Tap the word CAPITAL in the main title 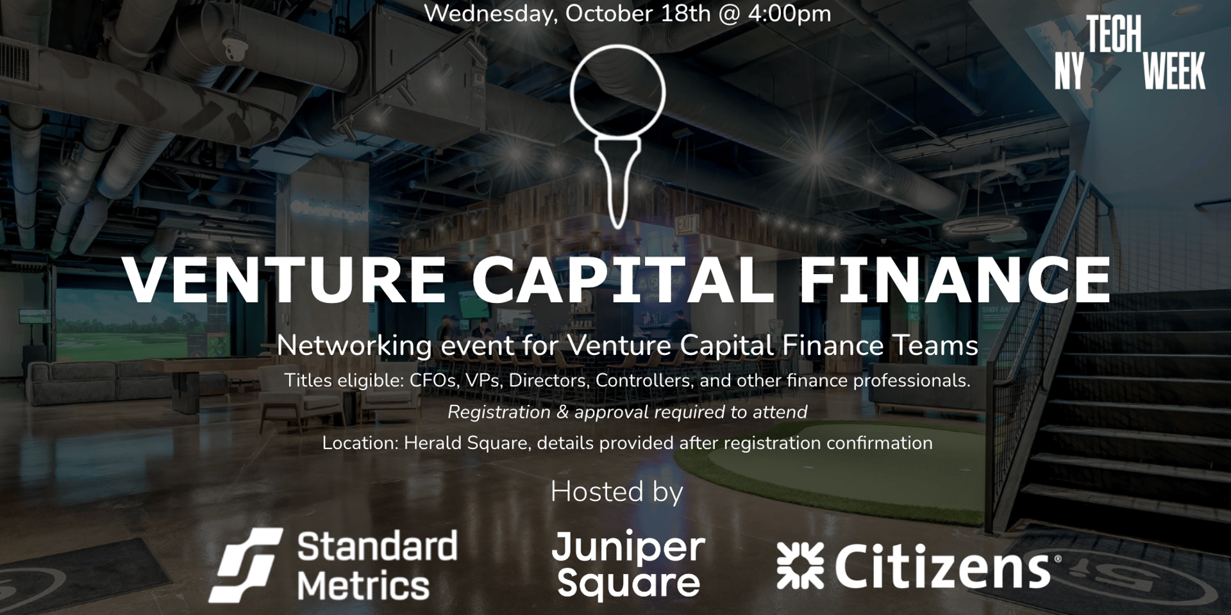622,280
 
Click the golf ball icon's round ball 617,92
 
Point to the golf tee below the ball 617,183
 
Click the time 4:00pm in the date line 789,13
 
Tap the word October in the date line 606,13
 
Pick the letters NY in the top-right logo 1069,71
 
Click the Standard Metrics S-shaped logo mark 246,565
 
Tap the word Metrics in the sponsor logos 363,586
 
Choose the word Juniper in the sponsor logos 628,547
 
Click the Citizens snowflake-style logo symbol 800,565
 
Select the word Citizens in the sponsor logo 942,566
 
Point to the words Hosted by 617,492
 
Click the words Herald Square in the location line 465,443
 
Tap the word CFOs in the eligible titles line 433,381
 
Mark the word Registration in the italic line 499,412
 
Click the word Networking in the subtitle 354,346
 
